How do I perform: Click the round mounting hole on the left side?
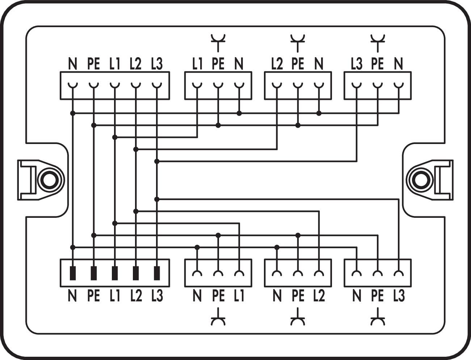pos(47,179)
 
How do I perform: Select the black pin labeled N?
pos(73,273)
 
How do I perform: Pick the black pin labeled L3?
pos(157,273)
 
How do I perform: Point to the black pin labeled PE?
pos(94,273)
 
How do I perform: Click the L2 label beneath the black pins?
pos(136,296)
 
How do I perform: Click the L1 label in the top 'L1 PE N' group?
pos(197,64)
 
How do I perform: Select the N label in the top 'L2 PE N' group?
pos(319,64)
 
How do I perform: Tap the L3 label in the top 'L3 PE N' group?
pos(356,64)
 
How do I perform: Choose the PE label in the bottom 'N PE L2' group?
pos(298,296)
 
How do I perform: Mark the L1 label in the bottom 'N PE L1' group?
pos(239,296)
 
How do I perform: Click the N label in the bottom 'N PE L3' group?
pos(357,296)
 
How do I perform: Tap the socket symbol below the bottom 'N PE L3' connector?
pos(378,317)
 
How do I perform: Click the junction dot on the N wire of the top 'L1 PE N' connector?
pos(239,113)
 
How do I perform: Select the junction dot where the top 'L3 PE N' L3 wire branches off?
pos(157,161)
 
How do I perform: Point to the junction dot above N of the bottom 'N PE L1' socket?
pos(197,247)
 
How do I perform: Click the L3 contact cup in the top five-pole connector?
pos(157,86)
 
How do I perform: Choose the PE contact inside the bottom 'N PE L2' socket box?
pos(298,274)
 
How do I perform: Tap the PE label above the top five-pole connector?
pos(93,64)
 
